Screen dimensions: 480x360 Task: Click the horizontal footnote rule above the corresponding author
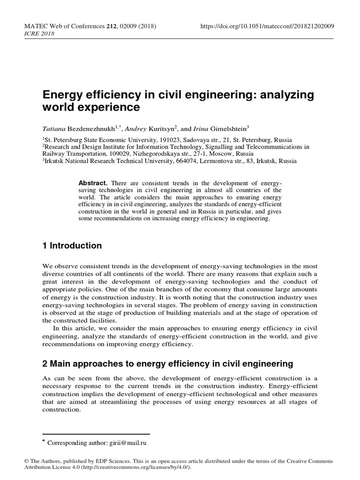point(96,435)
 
